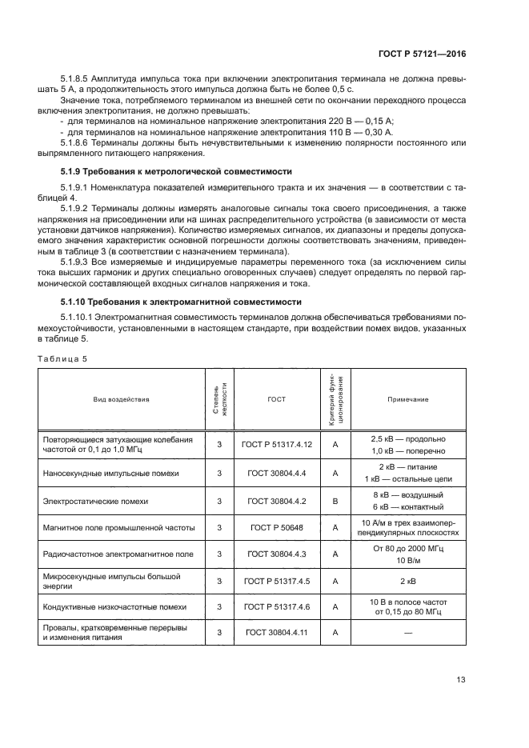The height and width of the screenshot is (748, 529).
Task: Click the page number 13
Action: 461,680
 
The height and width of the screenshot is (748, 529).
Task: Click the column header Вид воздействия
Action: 121,398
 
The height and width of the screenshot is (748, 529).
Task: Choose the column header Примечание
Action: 408,398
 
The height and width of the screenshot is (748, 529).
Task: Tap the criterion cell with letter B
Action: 336,501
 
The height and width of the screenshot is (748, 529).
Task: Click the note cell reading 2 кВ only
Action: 408,582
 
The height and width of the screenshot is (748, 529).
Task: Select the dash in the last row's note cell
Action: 408,633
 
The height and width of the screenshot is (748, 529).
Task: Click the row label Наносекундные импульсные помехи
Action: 110,473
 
